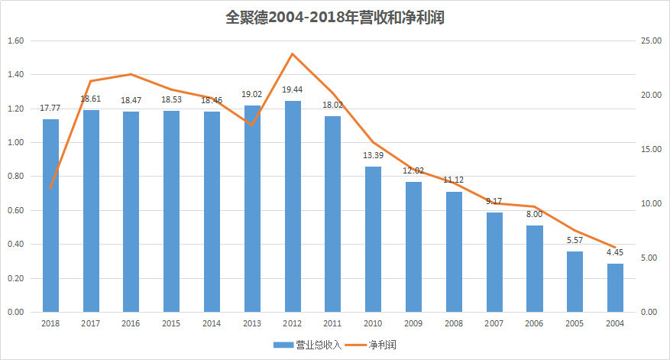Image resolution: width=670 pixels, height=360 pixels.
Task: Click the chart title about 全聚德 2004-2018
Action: (335, 18)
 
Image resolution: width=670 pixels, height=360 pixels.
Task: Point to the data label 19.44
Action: (293, 89)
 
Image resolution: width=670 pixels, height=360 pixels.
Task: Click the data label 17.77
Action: (50, 108)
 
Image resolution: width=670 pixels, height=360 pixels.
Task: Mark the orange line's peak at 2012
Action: (293, 54)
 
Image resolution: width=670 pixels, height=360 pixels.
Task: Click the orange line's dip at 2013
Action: (252, 125)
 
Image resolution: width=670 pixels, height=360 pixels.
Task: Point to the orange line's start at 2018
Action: (50, 188)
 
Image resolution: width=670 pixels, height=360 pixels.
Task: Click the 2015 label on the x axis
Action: (171, 323)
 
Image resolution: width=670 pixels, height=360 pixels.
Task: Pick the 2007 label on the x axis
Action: (494, 323)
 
